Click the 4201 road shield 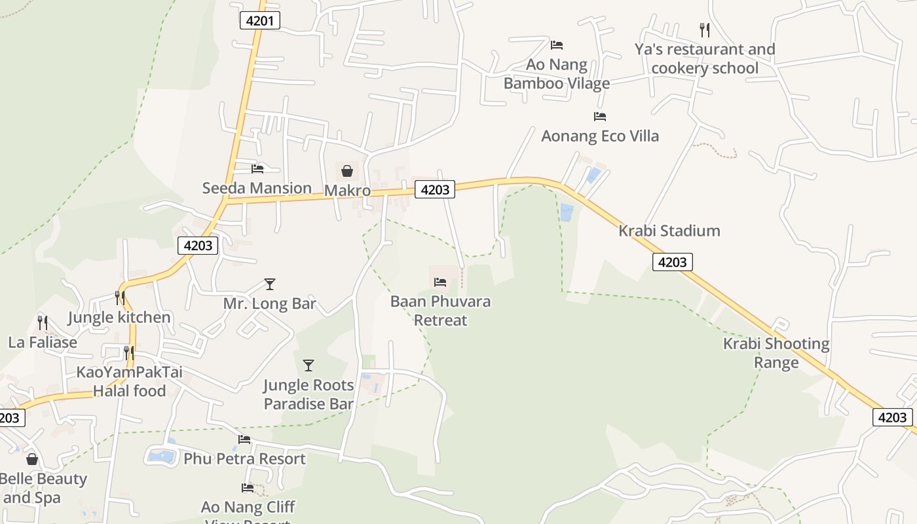[x=260, y=20]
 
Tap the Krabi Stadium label [x=669, y=231]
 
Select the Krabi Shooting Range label [x=776, y=353]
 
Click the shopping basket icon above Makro [x=346, y=171]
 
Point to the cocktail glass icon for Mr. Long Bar [x=269, y=284]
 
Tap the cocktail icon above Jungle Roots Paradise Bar [x=308, y=365]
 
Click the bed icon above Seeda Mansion [x=257, y=169]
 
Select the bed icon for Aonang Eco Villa [x=599, y=117]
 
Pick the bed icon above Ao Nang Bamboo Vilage [x=557, y=45]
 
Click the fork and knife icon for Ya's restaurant [x=704, y=29]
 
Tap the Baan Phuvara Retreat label [x=440, y=311]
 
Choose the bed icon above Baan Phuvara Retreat [x=440, y=282]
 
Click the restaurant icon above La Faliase [x=43, y=323]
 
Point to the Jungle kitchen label [x=119, y=318]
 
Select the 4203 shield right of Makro [x=435, y=190]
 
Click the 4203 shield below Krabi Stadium [x=672, y=262]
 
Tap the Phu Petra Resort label [x=244, y=458]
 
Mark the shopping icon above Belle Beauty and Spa [x=31, y=459]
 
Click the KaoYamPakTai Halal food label [x=130, y=381]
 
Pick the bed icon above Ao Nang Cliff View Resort [x=248, y=487]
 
